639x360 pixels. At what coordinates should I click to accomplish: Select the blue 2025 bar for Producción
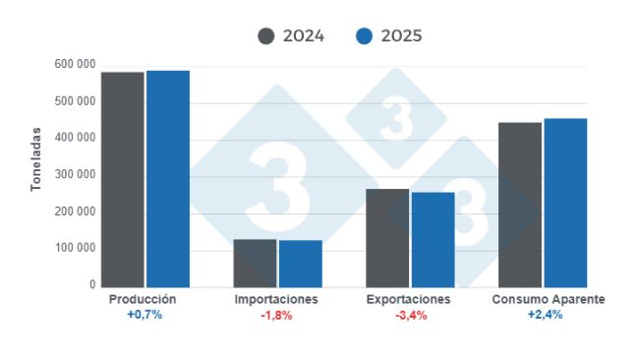click(x=167, y=178)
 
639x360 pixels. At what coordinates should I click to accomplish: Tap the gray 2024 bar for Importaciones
click(x=255, y=263)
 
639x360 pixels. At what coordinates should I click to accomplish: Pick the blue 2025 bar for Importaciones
click(x=300, y=264)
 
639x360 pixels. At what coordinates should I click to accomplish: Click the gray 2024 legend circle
click(x=266, y=36)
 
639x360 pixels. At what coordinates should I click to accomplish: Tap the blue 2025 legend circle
click(x=365, y=36)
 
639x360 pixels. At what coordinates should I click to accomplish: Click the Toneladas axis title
click(x=36, y=157)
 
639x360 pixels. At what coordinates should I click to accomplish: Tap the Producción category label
click(x=143, y=298)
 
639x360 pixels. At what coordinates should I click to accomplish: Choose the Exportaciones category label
click(x=408, y=298)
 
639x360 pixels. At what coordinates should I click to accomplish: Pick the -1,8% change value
click(x=277, y=315)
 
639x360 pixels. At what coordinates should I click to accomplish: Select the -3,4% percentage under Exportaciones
click(x=409, y=315)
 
